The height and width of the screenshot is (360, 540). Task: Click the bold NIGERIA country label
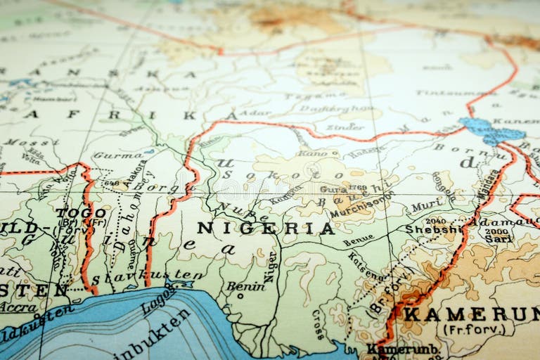click(265, 228)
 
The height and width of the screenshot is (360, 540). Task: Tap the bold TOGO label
click(81, 212)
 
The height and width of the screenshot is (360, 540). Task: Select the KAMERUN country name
click(471, 314)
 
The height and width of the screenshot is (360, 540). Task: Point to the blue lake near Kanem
click(491, 131)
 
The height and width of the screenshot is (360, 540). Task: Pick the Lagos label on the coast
click(159, 299)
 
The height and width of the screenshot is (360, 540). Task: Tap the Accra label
click(18, 307)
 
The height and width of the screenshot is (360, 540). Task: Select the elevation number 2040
click(436, 219)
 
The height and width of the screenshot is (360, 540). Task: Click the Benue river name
click(358, 241)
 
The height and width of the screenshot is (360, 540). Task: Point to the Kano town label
click(311, 153)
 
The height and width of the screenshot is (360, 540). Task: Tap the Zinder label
click(345, 127)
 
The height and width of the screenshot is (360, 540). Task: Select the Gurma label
click(117, 155)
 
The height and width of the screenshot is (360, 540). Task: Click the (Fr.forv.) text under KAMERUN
click(470, 329)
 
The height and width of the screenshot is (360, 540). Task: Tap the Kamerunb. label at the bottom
click(403, 349)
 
